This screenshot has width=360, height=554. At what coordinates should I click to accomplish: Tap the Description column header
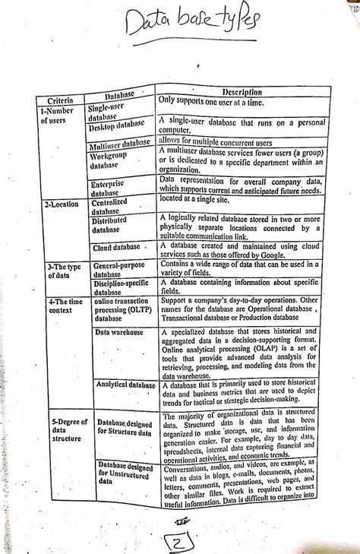tap(241, 92)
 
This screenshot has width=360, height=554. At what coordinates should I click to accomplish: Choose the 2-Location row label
tap(62, 204)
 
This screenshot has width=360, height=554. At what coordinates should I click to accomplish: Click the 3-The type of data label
tap(62, 272)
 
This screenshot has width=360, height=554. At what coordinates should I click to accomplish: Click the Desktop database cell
tap(117, 125)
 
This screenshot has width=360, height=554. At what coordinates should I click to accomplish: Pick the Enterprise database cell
tap(112, 188)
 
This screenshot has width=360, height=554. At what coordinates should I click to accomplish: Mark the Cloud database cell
tap(117, 248)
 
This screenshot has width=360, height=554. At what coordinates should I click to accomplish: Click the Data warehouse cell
tap(121, 332)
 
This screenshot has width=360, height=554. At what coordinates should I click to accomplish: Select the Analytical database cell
tap(125, 385)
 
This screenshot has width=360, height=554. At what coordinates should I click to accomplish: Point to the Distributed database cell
tap(111, 223)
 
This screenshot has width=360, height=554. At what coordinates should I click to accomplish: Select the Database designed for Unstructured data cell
tap(125, 476)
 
